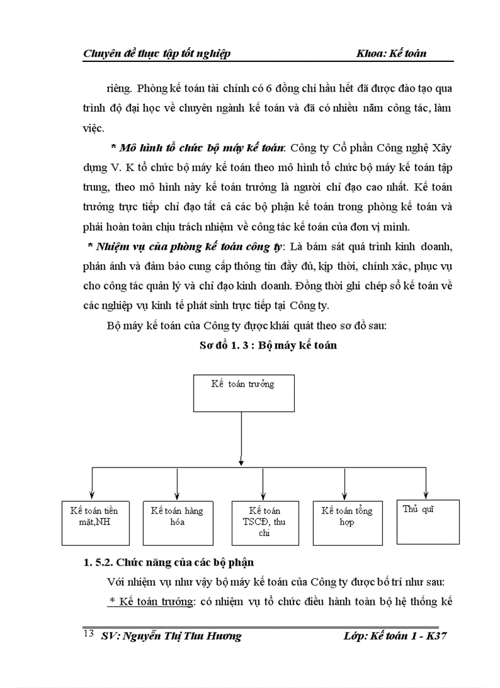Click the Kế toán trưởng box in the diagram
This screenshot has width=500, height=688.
[x=243, y=393]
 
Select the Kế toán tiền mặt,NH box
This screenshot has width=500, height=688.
[x=94, y=523]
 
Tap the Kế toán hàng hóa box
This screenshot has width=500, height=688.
[x=176, y=523]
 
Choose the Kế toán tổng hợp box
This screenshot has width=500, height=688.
[x=347, y=523]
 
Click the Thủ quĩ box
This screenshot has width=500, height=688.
[x=428, y=521]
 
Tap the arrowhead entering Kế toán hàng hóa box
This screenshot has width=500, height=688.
[x=176, y=497]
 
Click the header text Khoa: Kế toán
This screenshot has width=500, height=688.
[x=391, y=53]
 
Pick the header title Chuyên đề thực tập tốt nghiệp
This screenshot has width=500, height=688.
[x=156, y=53]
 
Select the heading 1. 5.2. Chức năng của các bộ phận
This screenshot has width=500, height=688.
[x=169, y=562]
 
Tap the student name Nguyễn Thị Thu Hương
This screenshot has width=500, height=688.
[x=182, y=635]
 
